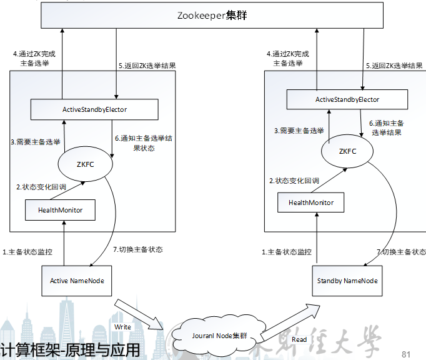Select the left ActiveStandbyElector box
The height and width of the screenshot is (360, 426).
click(95, 109)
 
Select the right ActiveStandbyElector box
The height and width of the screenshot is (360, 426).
click(347, 99)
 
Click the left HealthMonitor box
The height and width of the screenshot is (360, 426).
click(61, 210)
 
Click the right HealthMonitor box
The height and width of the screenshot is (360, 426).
click(310, 202)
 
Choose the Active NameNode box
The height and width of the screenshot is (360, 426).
click(77, 281)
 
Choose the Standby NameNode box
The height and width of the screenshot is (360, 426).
click(344, 281)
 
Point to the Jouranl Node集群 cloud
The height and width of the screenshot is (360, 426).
click(215, 336)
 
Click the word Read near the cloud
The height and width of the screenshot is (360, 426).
click(299, 339)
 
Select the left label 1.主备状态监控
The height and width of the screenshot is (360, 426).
click(27, 252)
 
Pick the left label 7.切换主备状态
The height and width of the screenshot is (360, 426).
click(138, 249)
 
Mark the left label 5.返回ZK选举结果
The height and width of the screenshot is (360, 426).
click(146, 65)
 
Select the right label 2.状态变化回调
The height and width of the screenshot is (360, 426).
click(294, 181)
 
